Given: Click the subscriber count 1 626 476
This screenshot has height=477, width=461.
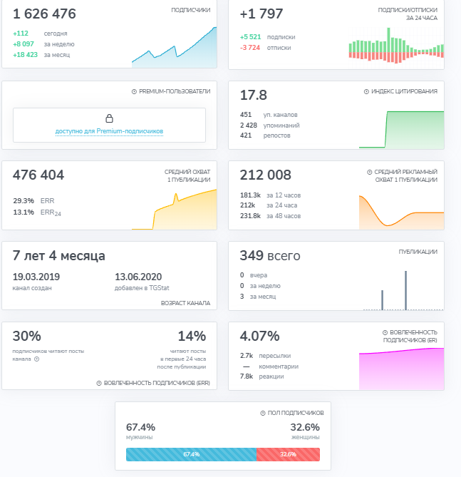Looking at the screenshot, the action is pos(44,14).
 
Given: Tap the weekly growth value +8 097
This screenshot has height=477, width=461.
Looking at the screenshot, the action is pos(24,44).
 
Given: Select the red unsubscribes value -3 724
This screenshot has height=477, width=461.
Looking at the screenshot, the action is pos(250,48).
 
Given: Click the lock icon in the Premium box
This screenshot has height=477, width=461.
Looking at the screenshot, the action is pos(109,118).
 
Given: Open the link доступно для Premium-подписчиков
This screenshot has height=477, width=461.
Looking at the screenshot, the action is pos(109,131).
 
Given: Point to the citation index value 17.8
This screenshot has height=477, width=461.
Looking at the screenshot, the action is pos(254,95).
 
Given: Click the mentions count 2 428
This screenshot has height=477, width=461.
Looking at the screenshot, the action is pos(249,125).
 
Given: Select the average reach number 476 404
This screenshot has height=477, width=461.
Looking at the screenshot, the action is pos(38,175).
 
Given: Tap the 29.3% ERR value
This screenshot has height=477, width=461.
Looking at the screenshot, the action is pos(24,201).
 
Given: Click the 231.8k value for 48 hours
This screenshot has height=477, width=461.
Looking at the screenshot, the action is pos(250,216).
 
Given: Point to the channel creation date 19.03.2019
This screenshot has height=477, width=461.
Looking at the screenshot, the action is pos(36,277).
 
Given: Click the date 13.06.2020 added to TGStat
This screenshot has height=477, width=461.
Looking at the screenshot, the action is pos(138,277).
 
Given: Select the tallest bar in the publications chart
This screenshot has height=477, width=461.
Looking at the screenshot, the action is pos(405,290).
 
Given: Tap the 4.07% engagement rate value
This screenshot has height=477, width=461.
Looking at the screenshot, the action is pos(259,336).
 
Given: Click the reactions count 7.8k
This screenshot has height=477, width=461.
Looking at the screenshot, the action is pos(247,376).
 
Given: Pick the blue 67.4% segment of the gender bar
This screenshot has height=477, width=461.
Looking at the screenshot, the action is pos(191,454).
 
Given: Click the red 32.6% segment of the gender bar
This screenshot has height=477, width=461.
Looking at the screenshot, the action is pos(289,454).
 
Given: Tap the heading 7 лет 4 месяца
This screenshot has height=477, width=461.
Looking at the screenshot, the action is pos(58,255).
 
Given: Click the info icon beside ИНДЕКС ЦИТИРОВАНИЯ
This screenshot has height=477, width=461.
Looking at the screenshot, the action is pos(366,91).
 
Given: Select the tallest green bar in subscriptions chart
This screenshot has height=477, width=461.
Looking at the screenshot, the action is pos(388,40).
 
